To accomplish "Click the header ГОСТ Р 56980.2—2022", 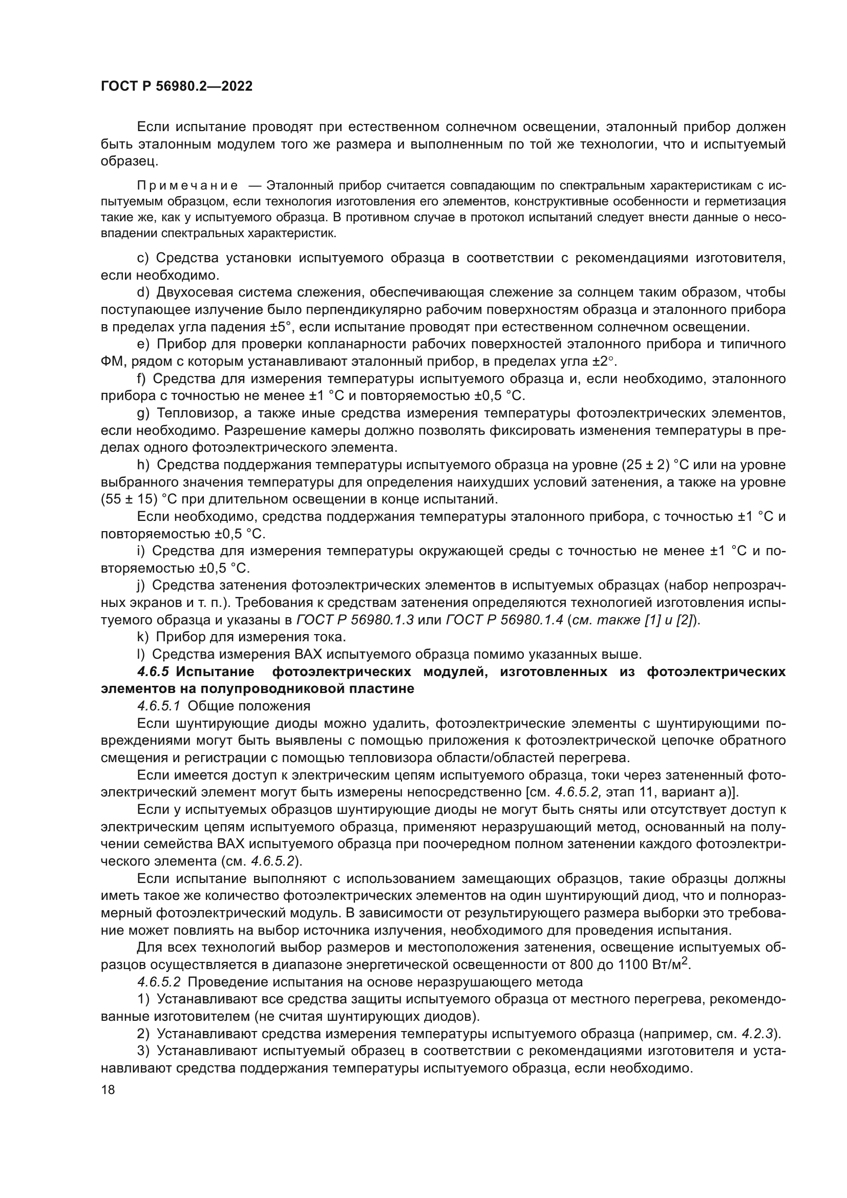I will [176, 87].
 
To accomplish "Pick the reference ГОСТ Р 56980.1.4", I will [504, 620].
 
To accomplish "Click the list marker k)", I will [143, 637].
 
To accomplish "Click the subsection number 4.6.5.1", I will [159, 706].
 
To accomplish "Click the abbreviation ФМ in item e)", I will [111, 362].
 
